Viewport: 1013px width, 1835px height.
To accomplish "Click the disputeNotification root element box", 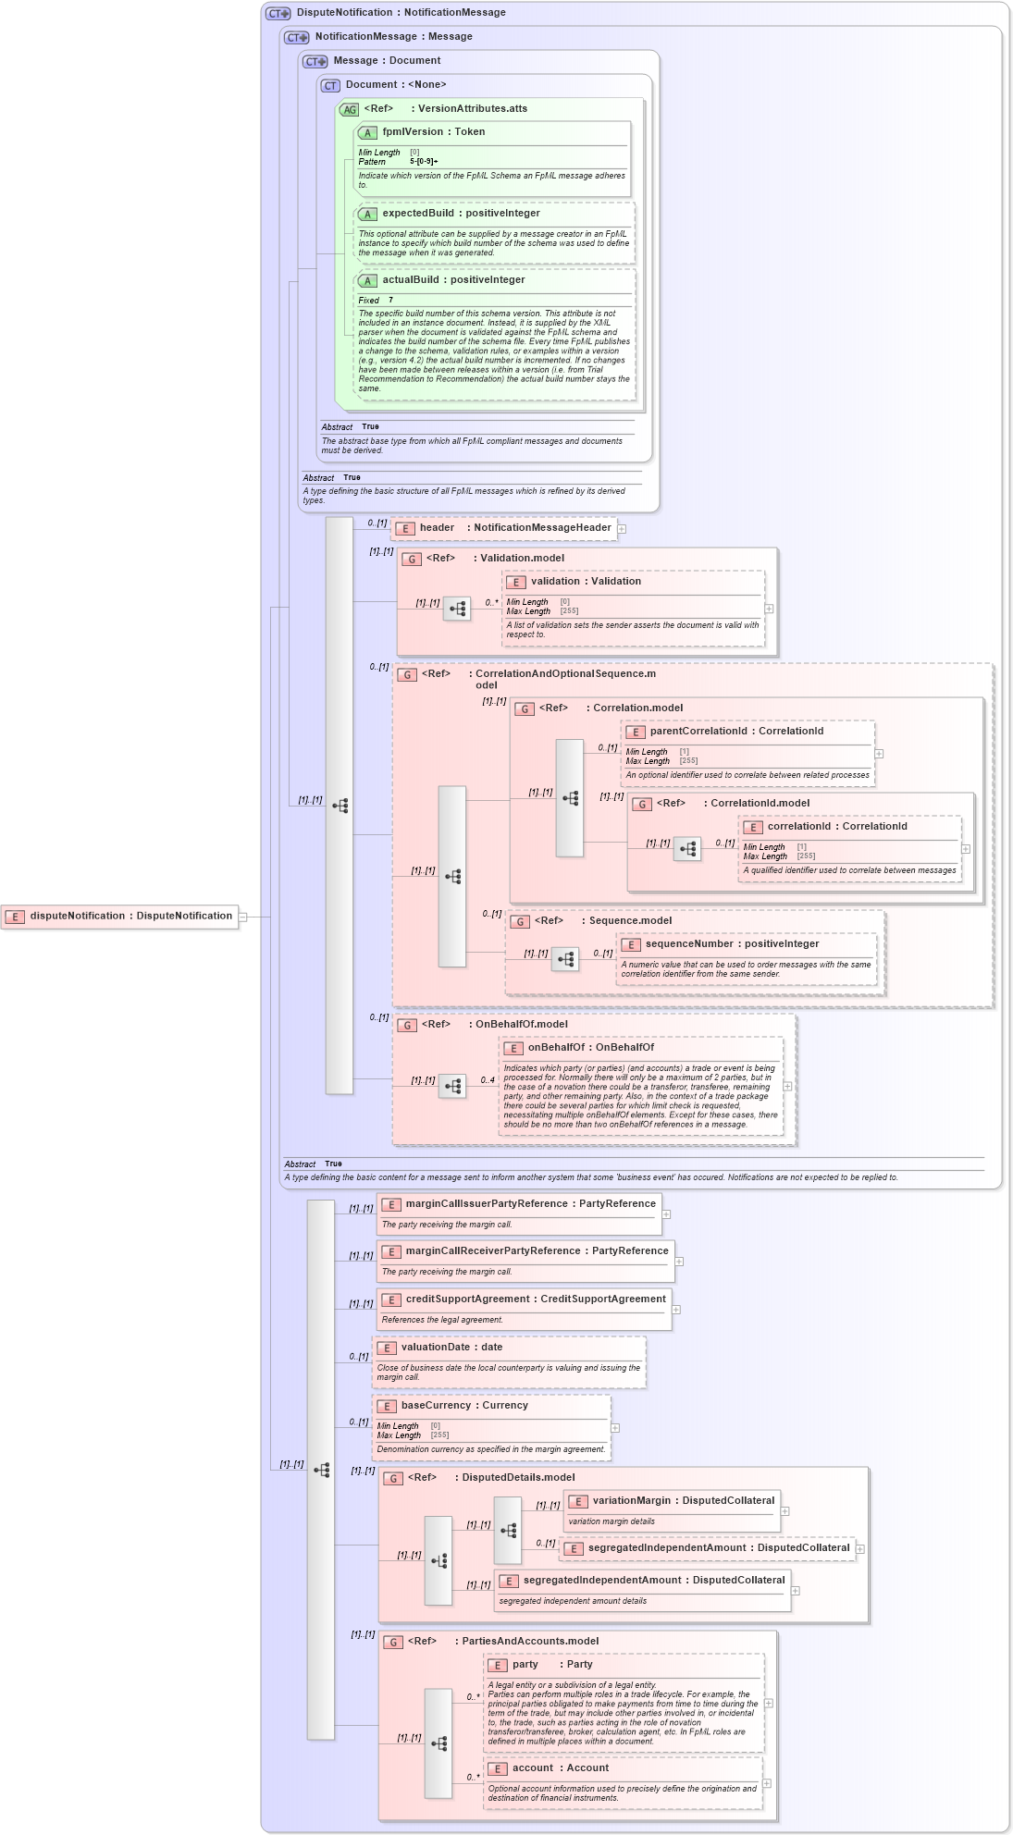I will (x=120, y=917).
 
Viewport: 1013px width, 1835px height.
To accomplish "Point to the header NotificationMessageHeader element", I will (x=505, y=528).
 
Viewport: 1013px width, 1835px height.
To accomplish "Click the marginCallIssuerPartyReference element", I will (x=519, y=1204).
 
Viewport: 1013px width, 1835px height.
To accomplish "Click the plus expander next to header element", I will (x=622, y=529).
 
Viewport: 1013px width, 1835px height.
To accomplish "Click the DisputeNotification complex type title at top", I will (x=401, y=13).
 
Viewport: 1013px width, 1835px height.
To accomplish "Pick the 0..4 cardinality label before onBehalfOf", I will (x=487, y=1080).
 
